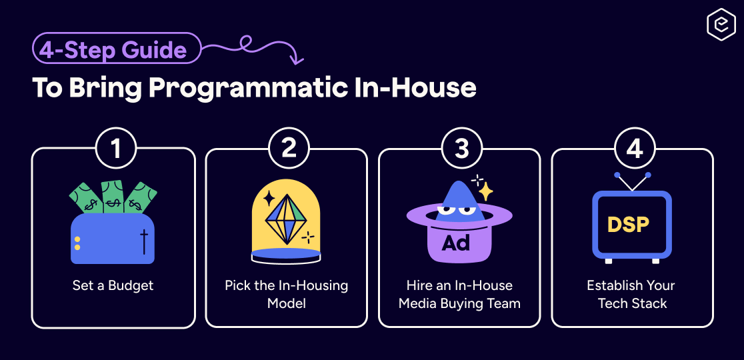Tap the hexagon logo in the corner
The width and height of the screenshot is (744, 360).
click(x=720, y=25)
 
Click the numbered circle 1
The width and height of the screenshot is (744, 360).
click(x=116, y=148)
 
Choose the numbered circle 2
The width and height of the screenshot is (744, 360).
click(x=289, y=148)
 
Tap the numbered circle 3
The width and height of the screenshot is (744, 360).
click(x=461, y=148)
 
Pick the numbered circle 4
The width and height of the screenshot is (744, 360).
click(x=634, y=148)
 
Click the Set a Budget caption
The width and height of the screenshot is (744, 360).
click(x=113, y=285)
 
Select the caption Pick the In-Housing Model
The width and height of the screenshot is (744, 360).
click(x=286, y=294)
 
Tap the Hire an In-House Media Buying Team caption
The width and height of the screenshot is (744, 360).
click(x=459, y=294)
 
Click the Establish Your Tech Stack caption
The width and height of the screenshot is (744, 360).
click(x=632, y=294)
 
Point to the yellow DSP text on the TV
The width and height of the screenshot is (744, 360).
click(x=628, y=224)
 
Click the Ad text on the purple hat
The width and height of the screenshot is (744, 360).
click(x=456, y=242)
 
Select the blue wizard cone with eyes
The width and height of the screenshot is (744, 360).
click(x=457, y=200)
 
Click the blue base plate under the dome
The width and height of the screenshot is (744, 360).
click(x=286, y=253)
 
